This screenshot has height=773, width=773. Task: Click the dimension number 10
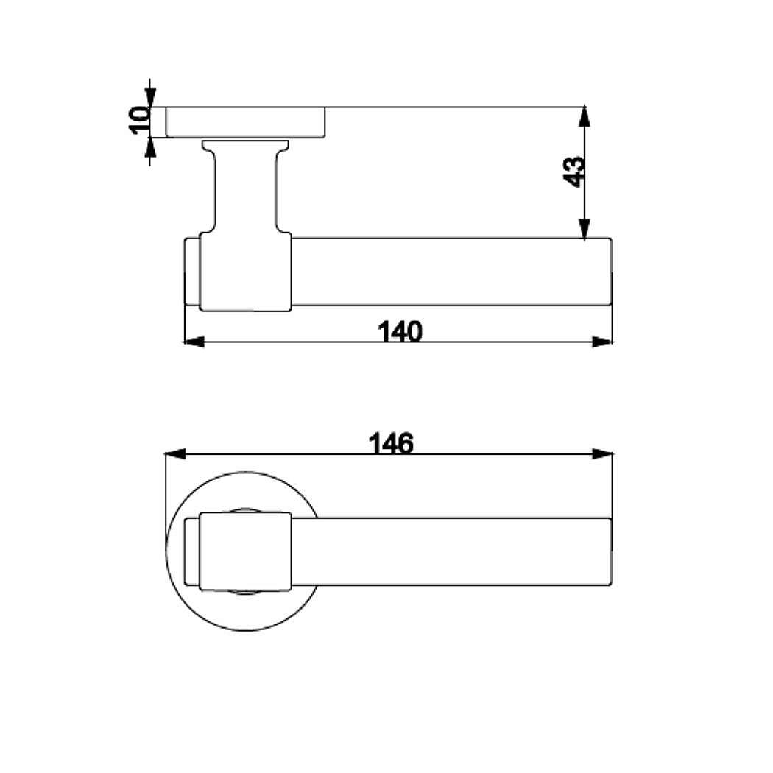[140, 120]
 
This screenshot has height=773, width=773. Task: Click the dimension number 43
[574, 172]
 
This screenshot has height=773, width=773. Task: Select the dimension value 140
[400, 331]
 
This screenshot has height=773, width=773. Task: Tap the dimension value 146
[391, 443]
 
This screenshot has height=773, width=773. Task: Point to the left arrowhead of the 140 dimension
[193, 342]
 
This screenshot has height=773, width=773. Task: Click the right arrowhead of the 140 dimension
[602, 342]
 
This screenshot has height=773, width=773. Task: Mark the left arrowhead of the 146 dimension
[175, 454]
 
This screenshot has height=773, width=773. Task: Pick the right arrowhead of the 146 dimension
[602, 454]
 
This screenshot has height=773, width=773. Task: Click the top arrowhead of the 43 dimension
[585, 116]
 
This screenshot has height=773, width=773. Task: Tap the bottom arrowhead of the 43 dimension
[585, 228]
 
